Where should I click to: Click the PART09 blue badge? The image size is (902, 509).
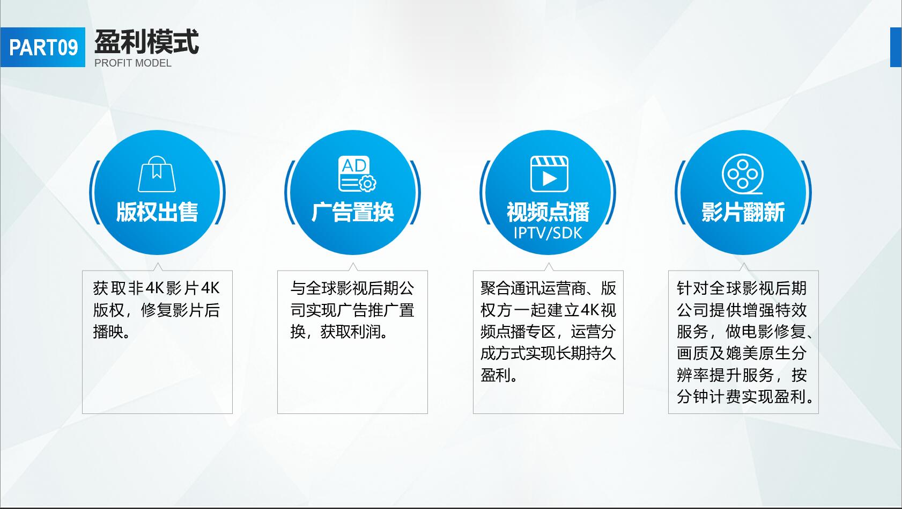tap(43, 47)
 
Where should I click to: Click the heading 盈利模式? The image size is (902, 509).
tap(146, 41)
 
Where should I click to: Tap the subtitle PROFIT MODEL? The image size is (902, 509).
tap(133, 63)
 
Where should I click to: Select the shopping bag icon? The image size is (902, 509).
tap(157, 174)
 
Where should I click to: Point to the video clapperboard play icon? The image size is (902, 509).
tap(549, 174)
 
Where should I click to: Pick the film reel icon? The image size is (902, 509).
tap(742, 174)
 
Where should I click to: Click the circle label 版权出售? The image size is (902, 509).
tap(157, 212)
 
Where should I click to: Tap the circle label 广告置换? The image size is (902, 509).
tap(353, 212)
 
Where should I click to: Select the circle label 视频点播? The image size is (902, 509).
tap(548, 212)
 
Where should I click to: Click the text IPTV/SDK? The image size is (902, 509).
tap(548, 233)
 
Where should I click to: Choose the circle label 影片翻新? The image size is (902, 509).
tap(743, 212)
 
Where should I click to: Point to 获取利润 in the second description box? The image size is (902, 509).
tap(350, 332)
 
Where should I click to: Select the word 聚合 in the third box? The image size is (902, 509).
tap(496, 288)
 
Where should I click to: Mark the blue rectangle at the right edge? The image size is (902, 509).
tap(896, 47)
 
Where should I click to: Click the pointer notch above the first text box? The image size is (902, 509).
tap(158, 267)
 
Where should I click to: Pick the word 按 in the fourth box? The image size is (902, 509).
tap(799, 375)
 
